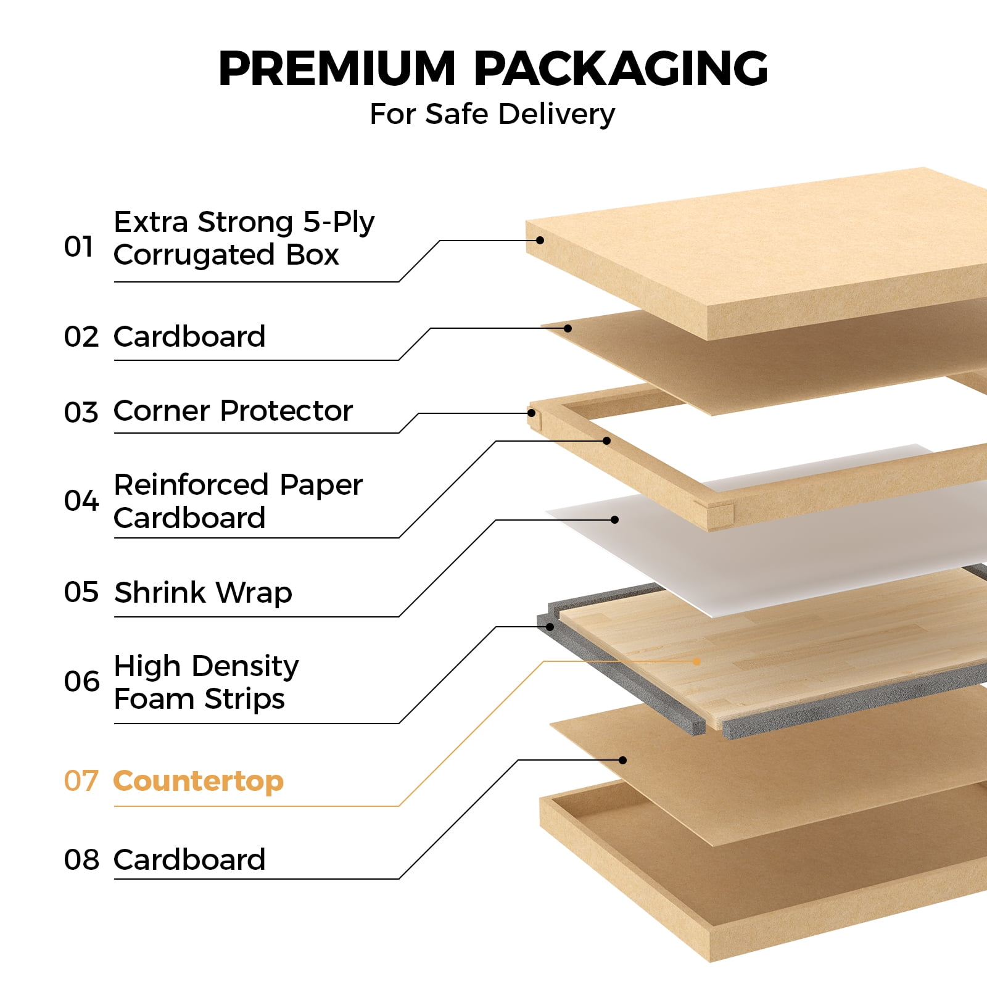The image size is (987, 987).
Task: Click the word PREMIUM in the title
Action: pyautogui.click(x=337, y=68)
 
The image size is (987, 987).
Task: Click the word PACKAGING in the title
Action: pyautogui.click(x=621, y=68)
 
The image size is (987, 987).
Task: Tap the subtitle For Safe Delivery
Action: pyautogui.click(x=492, y=114)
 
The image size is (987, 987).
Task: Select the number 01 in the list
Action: pyautogui.click(x=78, y=247)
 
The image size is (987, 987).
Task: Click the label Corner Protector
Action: pyautogui.click(x=233, y=411)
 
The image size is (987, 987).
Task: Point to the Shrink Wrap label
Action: pyautogui.click(x=203, y=593)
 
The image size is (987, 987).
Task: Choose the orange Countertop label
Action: pyautogui.click(x=199, y=781)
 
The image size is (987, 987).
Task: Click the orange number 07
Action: pyautogui.click(x=81, y=781)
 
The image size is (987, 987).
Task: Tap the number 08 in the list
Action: pyautogui.click(x=81, y=860)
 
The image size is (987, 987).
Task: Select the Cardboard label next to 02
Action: pyautogui.click(x=189, y=337)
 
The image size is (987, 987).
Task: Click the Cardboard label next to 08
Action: pyautogui.click(x=189, y=860)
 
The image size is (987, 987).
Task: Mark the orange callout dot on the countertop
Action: pyautogui.click(x=696, y=661)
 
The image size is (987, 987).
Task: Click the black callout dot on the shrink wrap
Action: pyautogui.click(x=614, y=520)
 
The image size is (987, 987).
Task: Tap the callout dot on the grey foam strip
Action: pyautogui.click(x=550, y=627)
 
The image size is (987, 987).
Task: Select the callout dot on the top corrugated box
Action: pyautogui.click(x=540, y=240)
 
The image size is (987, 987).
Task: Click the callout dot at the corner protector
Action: pyautogui.click(x=531, y=413)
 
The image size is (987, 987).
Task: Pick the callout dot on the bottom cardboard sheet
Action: pyautogui.click(x=622, y=760)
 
